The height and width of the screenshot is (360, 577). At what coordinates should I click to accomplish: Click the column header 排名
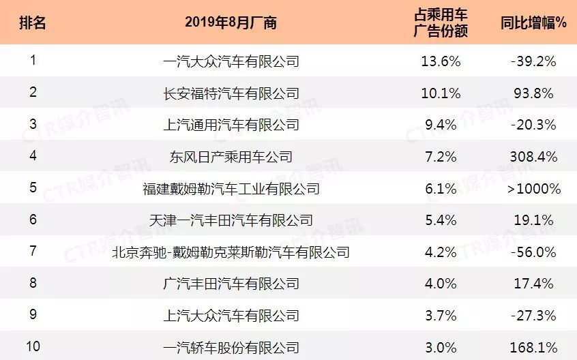click(x=33, y=22)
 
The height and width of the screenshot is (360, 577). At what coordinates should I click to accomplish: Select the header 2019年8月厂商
click(x=231, y=22)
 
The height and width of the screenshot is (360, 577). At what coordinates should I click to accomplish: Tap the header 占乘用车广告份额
click(x=441, y=22)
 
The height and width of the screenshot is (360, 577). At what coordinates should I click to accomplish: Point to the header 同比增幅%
click(x=534, y=22)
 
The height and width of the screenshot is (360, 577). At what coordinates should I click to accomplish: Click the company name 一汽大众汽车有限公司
click(x=231, y=61)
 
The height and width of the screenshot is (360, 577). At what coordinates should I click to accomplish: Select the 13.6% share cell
click(x=441, y=61)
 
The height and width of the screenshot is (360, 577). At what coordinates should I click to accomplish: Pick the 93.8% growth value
click(x=534, y=93)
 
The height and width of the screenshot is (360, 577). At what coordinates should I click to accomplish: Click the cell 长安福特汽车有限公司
click(x=231, y=93)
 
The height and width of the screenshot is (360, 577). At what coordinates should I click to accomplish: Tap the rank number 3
click(x=33, y=125)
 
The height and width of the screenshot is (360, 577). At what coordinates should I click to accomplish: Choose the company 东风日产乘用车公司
click(x=231, y=157)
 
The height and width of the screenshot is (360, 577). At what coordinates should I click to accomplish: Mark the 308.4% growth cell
click(x=534, y=157)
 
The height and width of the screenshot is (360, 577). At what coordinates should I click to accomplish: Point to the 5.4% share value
click(x=441, y=220)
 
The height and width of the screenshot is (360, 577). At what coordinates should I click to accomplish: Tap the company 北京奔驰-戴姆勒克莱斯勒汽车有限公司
click(x=231, y=252)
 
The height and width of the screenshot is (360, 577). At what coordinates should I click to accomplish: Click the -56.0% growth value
click(x=534, y=252)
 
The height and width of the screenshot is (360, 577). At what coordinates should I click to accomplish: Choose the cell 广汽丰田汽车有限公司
click(x=231, y=284)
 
